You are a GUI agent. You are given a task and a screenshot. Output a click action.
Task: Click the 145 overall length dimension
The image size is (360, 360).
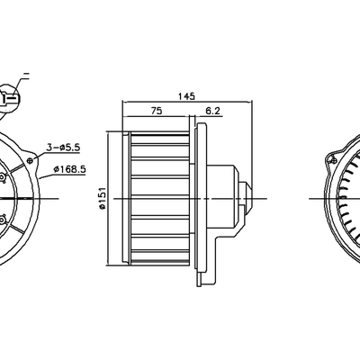(187, 95)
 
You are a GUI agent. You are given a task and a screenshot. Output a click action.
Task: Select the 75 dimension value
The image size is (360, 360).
(156, 111)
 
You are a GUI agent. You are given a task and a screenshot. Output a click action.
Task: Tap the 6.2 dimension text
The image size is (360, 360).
(213, 111)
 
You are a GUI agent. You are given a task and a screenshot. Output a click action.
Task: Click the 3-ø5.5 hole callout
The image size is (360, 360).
(64, 147)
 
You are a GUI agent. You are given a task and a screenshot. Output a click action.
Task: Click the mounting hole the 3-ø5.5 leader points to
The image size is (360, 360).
(31, 159)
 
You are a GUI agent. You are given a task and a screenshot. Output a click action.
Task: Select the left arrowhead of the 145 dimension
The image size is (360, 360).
(124, 102)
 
